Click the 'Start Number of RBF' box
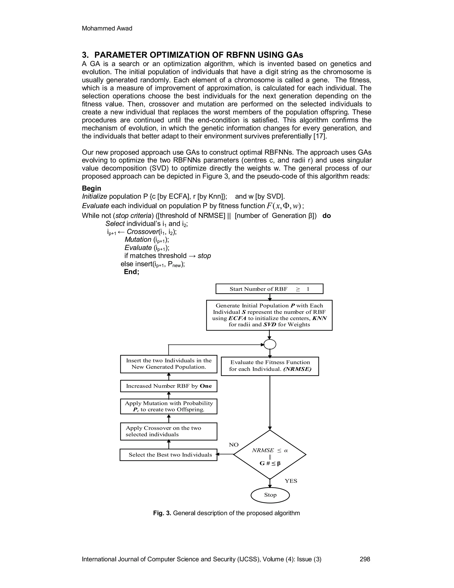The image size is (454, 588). point(269,289)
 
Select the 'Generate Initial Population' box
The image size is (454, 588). point(269,315)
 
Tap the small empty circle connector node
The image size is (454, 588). point(270,344)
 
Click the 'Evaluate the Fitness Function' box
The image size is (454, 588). point(270,366)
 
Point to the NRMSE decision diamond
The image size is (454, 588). point(270,455)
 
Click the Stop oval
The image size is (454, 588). point(270,495)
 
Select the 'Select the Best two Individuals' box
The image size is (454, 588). point(168,455)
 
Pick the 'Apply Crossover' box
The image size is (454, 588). point(168,431)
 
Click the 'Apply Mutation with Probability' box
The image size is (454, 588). point(168,406)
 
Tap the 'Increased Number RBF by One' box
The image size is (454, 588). point(168,386)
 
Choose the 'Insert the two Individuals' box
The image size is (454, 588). point(168,364)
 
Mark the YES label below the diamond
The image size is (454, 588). point(291,481)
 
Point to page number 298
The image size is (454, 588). point(365,559)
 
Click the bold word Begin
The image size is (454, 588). point(92,188)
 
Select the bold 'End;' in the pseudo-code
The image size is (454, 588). point(131,272)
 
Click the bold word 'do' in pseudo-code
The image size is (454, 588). point(327,216)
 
